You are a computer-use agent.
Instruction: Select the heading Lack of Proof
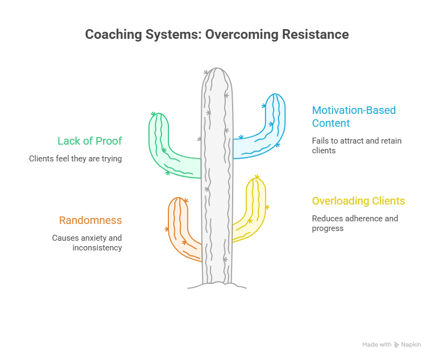click(90, 141)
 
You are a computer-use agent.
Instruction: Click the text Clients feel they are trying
click(75, 159)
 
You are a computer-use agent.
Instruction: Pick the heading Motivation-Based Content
click(354, 117)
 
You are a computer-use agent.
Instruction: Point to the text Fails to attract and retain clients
click(356, 145)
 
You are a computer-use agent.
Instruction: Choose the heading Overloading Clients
click(358, 201)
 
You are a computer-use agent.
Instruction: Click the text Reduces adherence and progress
click(354, 223)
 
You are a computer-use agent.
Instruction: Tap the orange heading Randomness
click(90, 220)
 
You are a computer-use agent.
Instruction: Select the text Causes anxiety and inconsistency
click(87, 242)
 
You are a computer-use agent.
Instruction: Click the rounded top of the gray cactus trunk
click(217, 76)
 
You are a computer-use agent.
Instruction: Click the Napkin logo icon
click(396, 344)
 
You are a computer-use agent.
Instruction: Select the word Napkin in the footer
click(411, 344)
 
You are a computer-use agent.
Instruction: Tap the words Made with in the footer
click(377, 344)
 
